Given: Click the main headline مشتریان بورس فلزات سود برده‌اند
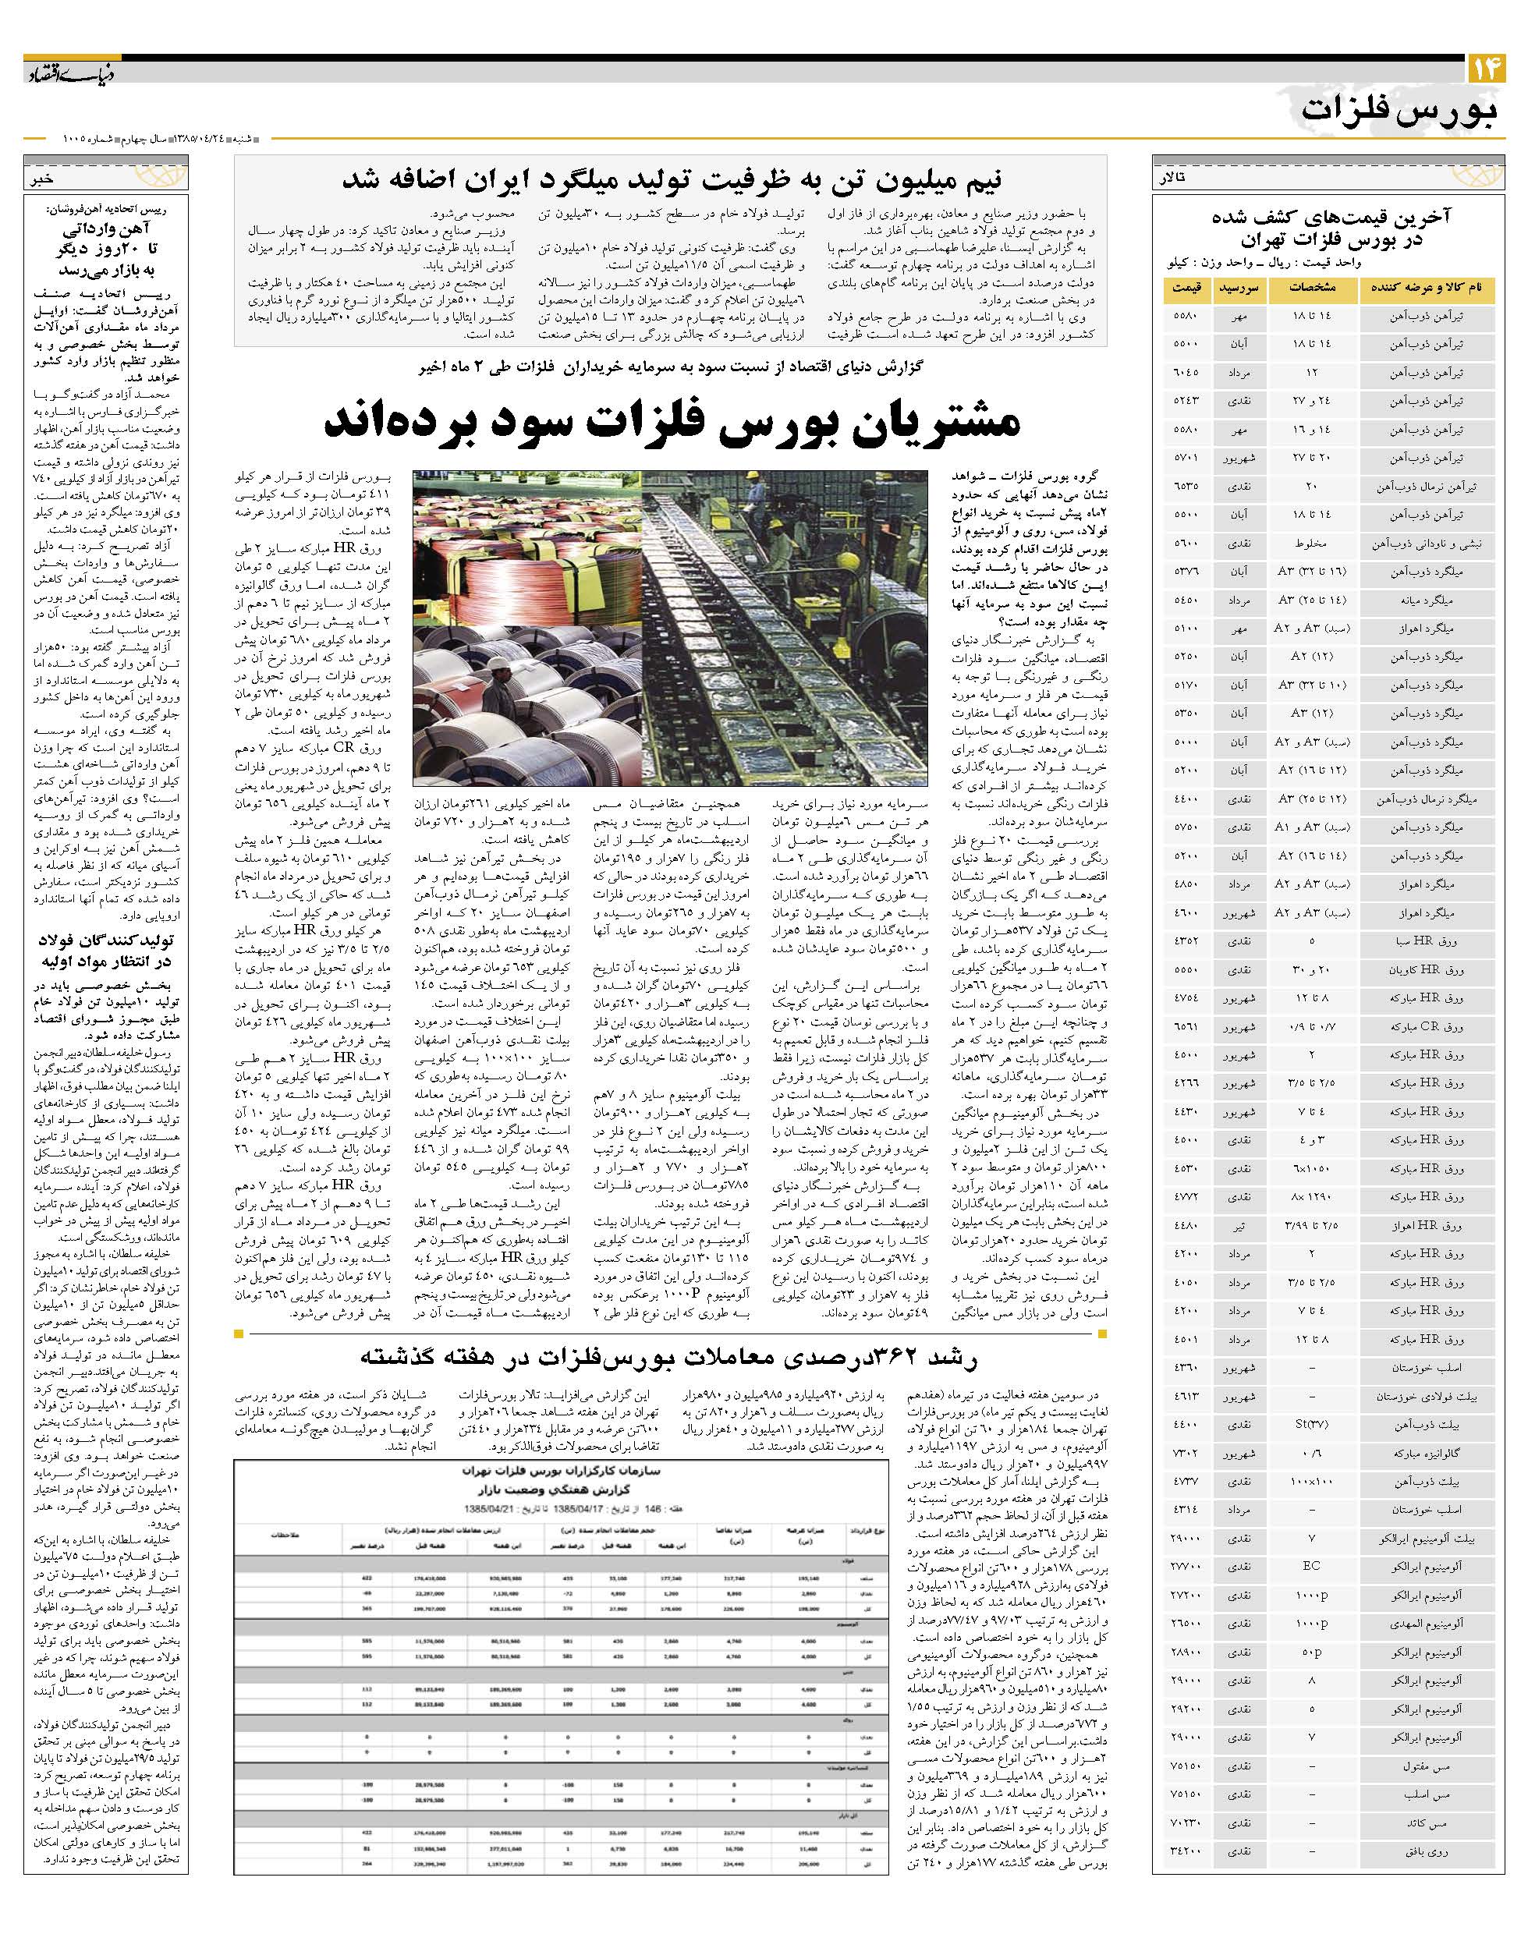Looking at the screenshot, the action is point(671,421).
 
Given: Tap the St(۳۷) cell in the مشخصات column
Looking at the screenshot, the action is point(1310,1424).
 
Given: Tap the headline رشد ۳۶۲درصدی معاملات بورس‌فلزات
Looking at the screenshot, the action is point(671,1357).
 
